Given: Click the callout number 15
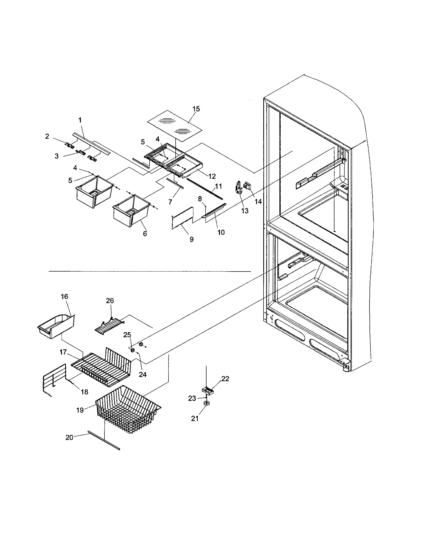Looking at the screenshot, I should (x=196, y=109).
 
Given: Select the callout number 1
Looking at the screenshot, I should (x=80, y=120).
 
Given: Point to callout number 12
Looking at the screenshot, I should (x=212, y=176).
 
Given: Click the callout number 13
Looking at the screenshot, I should (x=245, y=211).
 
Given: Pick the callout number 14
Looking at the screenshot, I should (x=258, y=201).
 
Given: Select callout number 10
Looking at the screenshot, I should (x=221, y=232).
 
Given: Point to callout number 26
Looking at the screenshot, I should (x=110, y=301).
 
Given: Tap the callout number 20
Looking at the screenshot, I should (x=69, y=438).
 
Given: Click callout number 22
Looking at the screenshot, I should (x=225, y=379).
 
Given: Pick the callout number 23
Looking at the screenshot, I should (x=192, y=398).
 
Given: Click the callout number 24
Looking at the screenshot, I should (x=142, y=374).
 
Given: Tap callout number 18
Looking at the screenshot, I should (x=84, y=392).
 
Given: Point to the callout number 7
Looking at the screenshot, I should (x=170, y=202).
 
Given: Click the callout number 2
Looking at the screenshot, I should (x=47, y=136).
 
